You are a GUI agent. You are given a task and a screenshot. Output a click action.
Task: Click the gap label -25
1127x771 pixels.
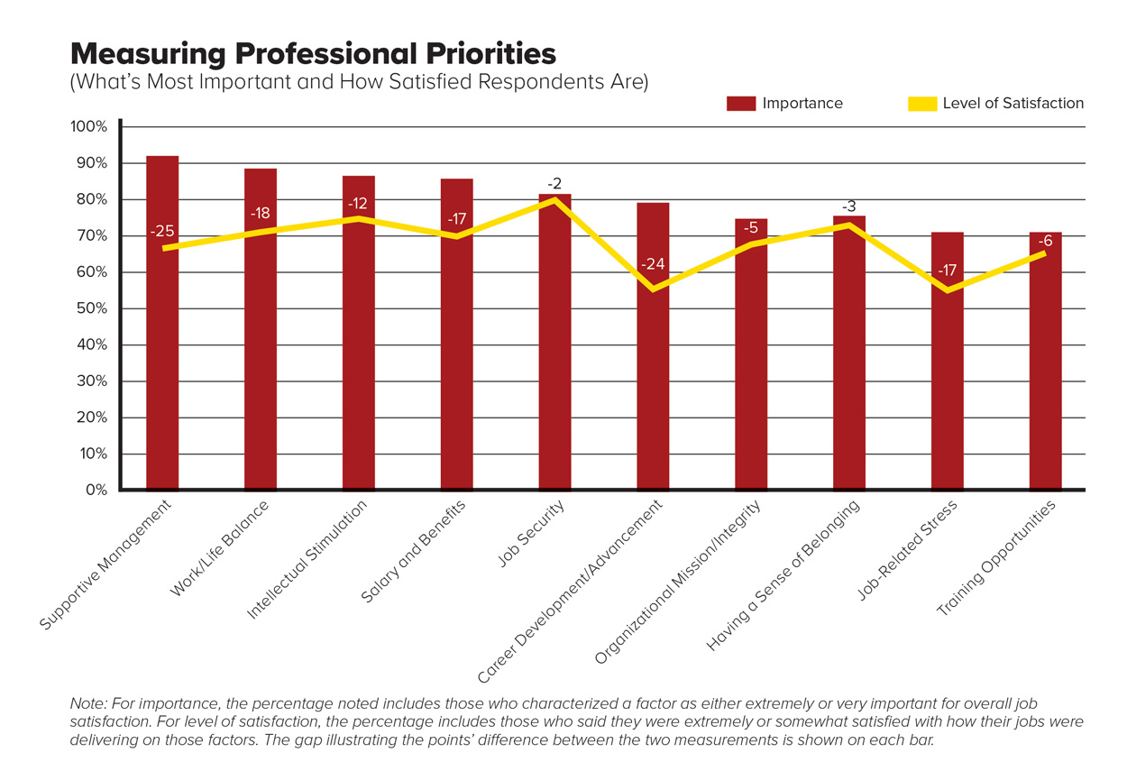point(162,232)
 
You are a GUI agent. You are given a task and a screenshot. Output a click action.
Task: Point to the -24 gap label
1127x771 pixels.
point(653,264)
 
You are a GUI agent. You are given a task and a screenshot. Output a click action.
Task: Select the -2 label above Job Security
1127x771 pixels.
point(554,184)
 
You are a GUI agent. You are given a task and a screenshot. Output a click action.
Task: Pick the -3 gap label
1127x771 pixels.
point(848,207)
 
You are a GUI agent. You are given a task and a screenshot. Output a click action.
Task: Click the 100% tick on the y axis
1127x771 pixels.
point(88,127)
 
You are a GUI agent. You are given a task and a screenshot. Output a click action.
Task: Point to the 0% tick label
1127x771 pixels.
point(95,491)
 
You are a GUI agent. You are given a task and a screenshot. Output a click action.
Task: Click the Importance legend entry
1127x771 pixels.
point(784,103)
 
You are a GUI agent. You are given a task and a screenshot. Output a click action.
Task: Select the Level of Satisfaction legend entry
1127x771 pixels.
point(995,103)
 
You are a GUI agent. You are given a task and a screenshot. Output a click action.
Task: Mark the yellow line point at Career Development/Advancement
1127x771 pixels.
point(653,289)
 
